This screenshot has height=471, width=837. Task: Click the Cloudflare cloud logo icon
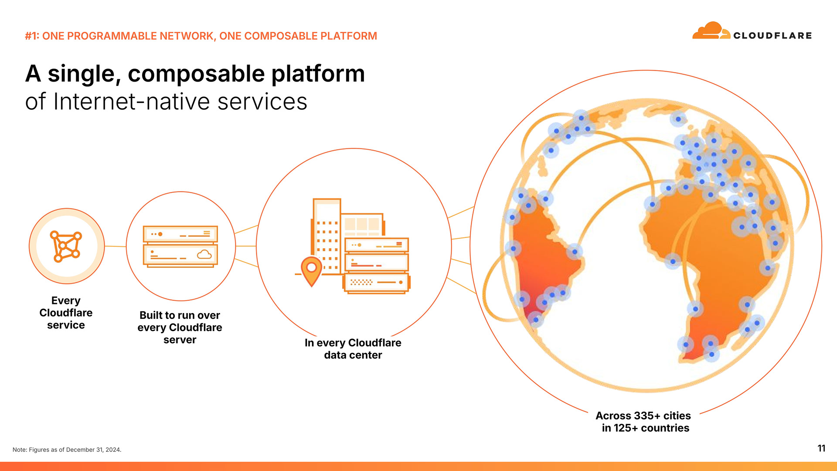tap(711, 31)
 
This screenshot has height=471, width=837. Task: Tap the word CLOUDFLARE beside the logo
tap(772, 36)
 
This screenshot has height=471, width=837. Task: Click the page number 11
tap(821, 448)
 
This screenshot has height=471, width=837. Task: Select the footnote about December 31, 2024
tap(67, 450)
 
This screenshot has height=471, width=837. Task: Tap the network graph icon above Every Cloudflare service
tap(66, 246)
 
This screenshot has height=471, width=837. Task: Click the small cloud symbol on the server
tap(204, 254)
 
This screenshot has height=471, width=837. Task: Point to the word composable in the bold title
tap(197, 74)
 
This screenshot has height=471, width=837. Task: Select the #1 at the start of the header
tap(32, 36)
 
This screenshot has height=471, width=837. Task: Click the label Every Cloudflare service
tap(66, 313)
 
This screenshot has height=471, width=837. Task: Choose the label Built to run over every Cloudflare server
tap(180, 328)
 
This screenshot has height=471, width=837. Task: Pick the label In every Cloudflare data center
tap(353, 349)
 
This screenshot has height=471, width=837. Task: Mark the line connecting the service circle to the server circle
tap(116, 246)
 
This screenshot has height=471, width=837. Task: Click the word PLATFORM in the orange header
tap(349, 36)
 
